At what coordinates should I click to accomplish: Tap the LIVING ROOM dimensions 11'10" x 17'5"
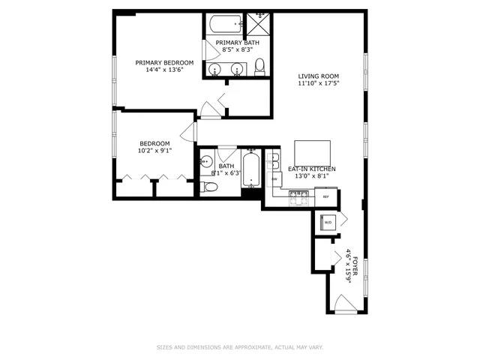(x=318, y=84)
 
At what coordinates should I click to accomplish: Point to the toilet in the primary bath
(x=259, y=68)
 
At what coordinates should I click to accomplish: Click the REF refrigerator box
(x=325, y=196)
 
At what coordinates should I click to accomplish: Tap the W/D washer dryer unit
(x=328, y=223)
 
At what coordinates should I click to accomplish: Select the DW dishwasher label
(x=274, y=179)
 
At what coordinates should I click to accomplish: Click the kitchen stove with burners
(x=299, y=196)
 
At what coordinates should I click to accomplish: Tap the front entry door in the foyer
(x=345, y=304)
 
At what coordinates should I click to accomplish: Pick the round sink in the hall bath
(x=206, y=160)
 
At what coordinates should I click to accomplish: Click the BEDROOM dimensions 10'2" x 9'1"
(x=154, y=151)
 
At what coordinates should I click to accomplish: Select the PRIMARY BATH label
(x=238, y=43)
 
